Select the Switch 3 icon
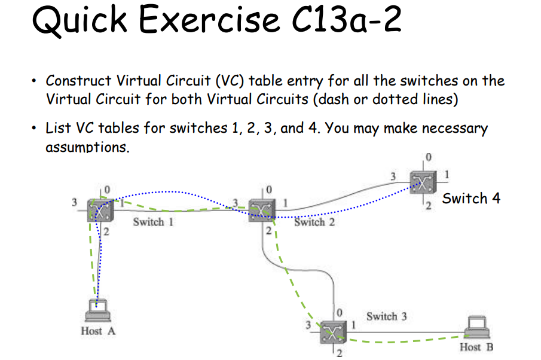click(331, 330)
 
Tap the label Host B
click(476, 347)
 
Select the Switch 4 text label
click(471, 199)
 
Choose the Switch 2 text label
click(314, 222)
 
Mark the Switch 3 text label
click(387, 316)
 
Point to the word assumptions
click(87, 147)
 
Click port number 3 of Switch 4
click(393, 175)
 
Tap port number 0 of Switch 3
click(340, 312)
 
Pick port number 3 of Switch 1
click(75, 202)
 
